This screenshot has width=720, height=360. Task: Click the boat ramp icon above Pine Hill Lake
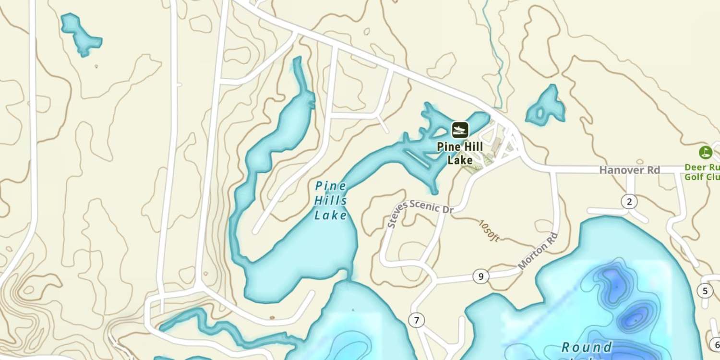point(460,130)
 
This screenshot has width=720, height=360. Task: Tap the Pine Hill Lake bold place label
point(460,153)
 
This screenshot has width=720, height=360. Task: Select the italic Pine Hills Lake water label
point(331,201)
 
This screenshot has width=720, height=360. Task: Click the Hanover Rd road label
point(629,170)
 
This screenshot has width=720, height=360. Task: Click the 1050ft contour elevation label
point(489,231)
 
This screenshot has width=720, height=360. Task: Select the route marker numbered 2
point(629,202)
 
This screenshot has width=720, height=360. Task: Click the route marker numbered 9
point(480,276)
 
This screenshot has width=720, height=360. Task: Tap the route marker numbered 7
point(417,320)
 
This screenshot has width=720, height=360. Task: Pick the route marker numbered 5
point(705,291)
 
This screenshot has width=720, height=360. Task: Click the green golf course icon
point(705,152)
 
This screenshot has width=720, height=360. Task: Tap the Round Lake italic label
point(587,348)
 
